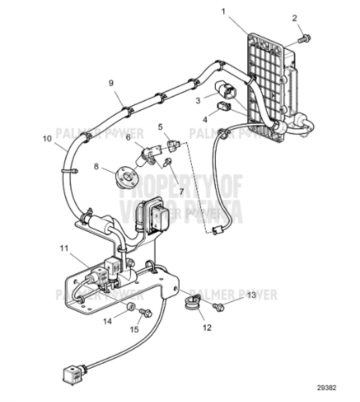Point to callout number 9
pos(112,84)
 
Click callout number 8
pos(96,166)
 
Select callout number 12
pos(206,328)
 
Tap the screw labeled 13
pos(218,306)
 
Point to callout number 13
pos(251,295)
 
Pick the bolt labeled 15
pos(145,312)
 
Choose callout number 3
pos(198,100)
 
